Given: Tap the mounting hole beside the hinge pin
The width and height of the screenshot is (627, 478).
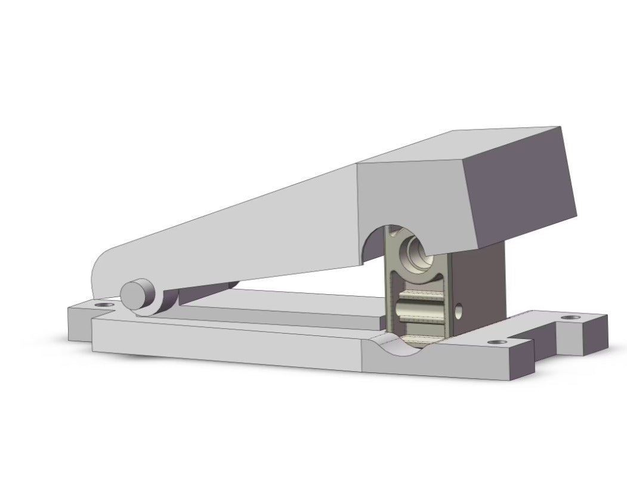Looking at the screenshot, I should [106, 305].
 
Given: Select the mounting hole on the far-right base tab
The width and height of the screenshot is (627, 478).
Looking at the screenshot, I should [573, 317].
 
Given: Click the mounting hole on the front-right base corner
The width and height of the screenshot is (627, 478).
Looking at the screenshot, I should [496, 343].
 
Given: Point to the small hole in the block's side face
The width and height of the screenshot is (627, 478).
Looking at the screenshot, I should [458, 310].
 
